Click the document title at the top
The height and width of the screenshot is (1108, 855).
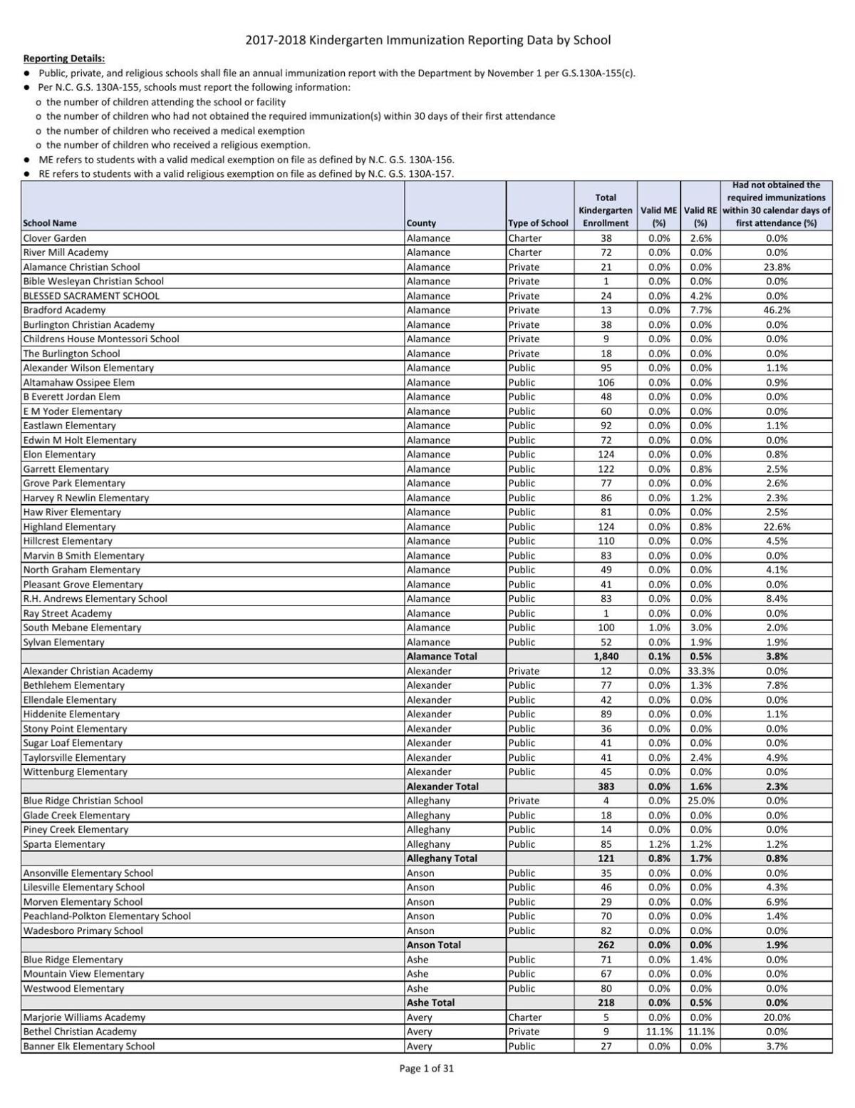(x=427, y=41)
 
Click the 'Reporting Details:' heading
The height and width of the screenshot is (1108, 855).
(x=64, y=58)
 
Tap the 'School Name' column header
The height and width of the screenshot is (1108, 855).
(x=50, y=223)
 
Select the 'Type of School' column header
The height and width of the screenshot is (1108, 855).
(x=538, y=223)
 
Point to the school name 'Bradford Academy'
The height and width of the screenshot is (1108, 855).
(x=64, y=310)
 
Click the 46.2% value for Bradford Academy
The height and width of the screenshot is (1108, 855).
(x=776, y=310)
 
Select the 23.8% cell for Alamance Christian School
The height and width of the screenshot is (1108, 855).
(x=776, y=267)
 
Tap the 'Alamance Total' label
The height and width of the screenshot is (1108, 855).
(x=442, y=657)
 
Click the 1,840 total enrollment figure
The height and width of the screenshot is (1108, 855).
(x=606, y=657)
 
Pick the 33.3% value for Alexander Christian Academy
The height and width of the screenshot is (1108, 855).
(x=700, y=671)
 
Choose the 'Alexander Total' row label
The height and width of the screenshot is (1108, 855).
(x=442, y=786)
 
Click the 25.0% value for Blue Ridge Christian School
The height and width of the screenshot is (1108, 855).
(x=700, y=801)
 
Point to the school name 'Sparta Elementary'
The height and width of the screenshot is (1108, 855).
(x=64, y=844)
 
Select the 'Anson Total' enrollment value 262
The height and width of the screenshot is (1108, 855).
(x=606, y=945)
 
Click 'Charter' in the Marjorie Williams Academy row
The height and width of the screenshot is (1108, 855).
(x=525, y=1017)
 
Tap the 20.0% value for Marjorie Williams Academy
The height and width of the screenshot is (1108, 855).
(x=776, y=1017)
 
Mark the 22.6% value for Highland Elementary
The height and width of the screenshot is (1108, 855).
(x=776, y=527)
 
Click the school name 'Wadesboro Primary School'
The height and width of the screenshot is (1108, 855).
(x=83, y=930)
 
